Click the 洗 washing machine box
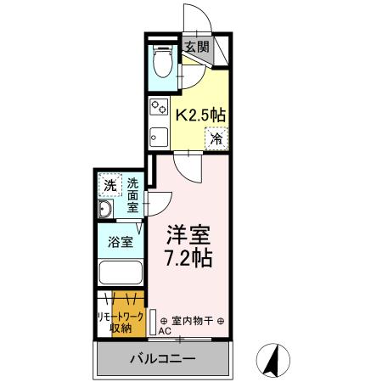110,186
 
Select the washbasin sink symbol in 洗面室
107,212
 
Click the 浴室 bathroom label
120,242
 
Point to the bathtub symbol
121,272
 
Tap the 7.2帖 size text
188,257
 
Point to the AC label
164,332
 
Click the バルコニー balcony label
162,357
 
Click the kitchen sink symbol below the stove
158,136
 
